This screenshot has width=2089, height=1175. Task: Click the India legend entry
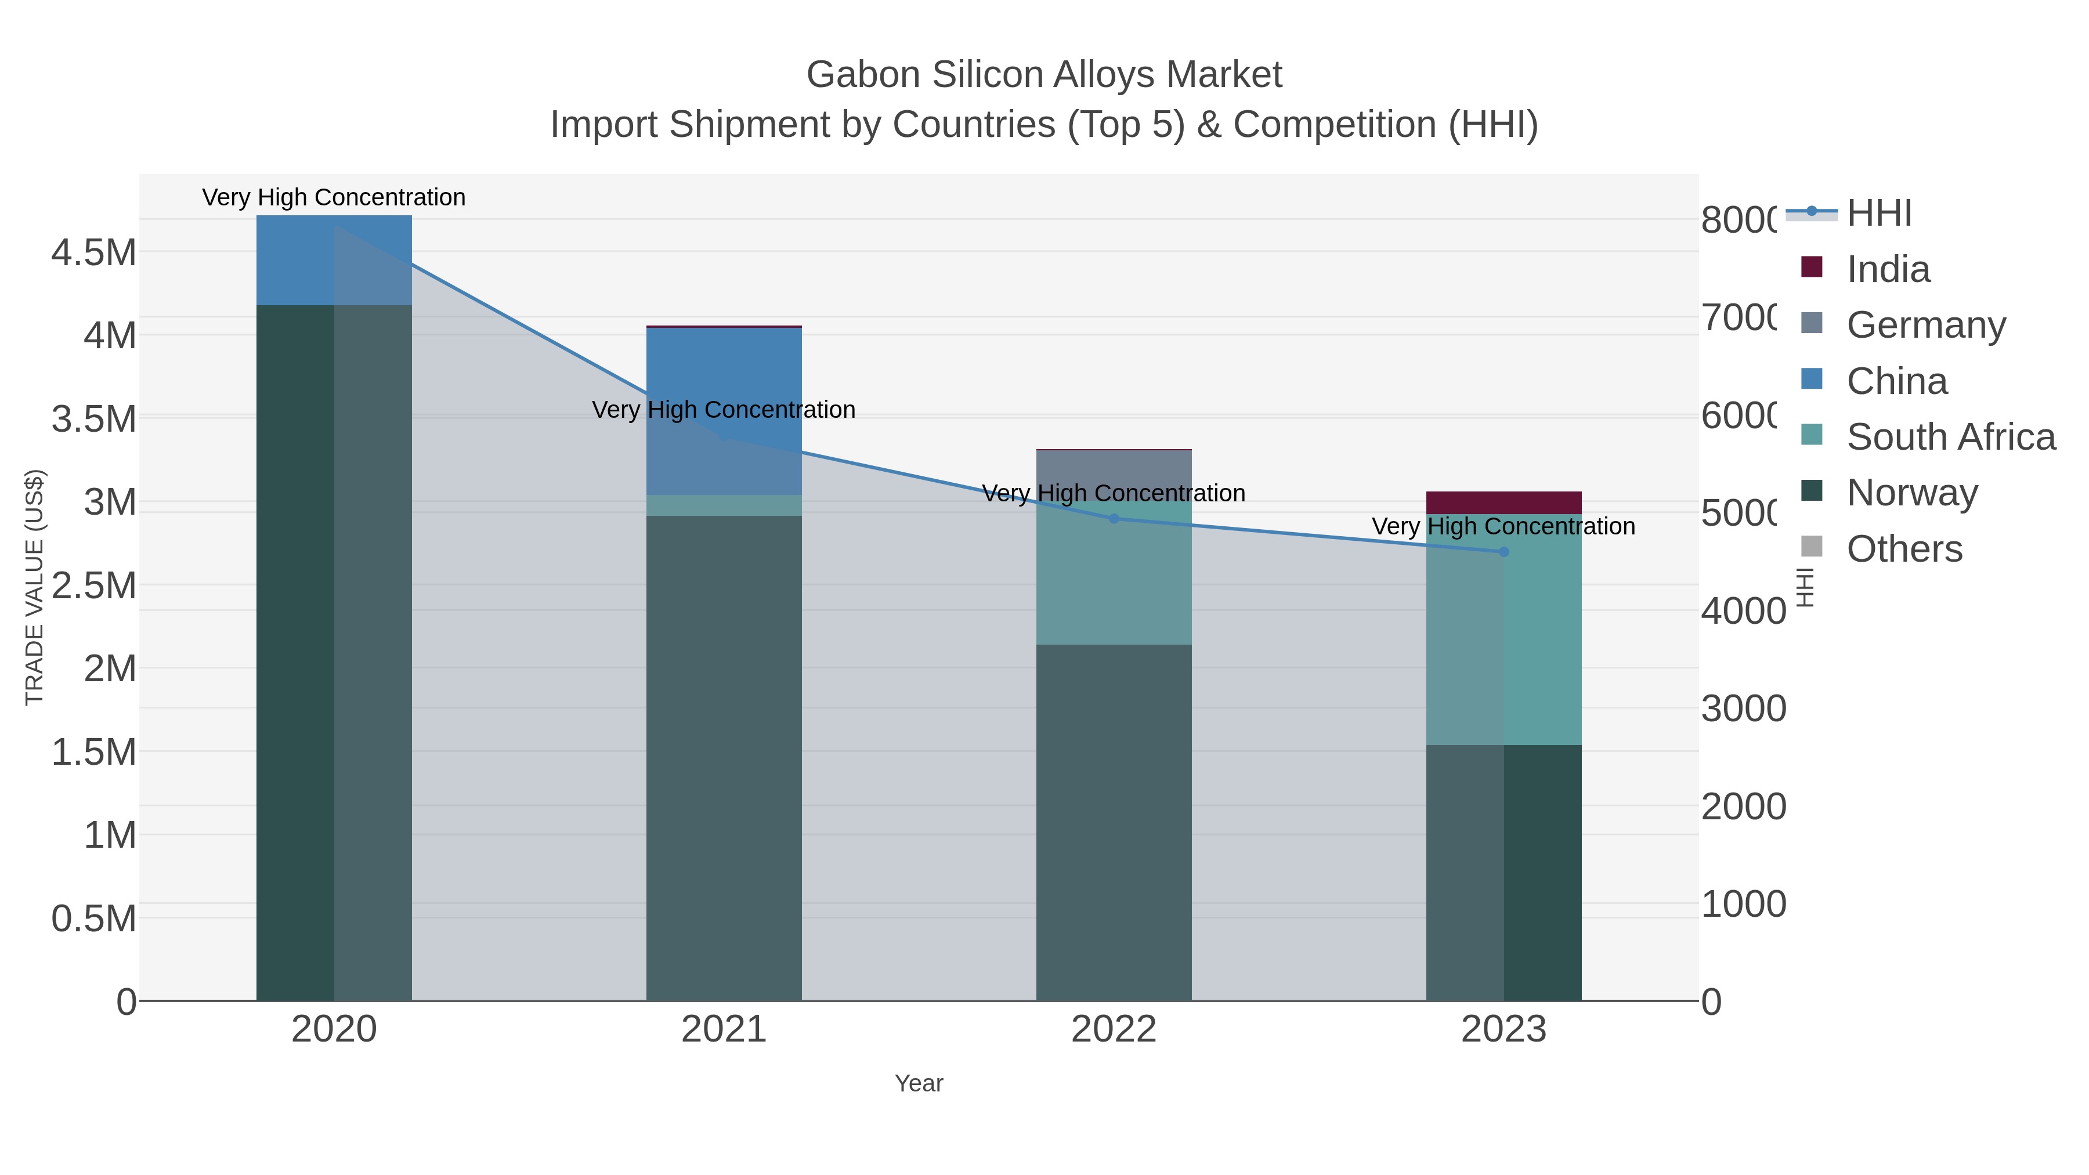click(x=1888, y=269)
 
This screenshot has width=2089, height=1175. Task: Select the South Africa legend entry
click(x=1950, y=437)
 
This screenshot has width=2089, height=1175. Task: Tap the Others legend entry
click(x=1904, y=549)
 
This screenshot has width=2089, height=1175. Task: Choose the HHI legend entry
click(x=1879, y=214)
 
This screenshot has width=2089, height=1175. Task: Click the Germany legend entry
click(x=1926, y=325)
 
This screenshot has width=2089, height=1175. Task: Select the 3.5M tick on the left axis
click(x=94, y=420)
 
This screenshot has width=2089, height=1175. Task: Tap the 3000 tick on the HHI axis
click(x=1743, y=708)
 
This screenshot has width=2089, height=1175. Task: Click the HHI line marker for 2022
click(x=1114, y=519)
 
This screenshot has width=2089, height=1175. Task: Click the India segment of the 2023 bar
click(x=1503, y=502)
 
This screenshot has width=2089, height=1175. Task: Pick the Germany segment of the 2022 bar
click(x=1114, y=471)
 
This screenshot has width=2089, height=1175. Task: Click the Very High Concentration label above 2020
click(x=333, y=198)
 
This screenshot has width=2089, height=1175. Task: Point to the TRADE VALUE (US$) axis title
click(x=35, y=587)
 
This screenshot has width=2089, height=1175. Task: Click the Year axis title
click(x=918, y=1083)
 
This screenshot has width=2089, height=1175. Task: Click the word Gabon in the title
click(x=861, y=75)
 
